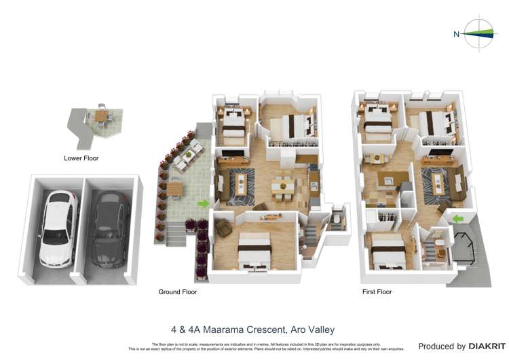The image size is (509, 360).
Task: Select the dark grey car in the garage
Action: click(x=109, y=228)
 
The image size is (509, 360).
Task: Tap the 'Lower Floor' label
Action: click(x=81, y=158)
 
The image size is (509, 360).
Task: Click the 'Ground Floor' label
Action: click(x=177, y=292)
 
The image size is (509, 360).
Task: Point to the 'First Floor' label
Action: click(x=377, y=292)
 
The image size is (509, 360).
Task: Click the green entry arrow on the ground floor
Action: click(x=203, y=203)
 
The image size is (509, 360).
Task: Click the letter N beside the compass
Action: click(x=456, y=33)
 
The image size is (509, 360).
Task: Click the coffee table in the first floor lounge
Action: click(x=435, y=181)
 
